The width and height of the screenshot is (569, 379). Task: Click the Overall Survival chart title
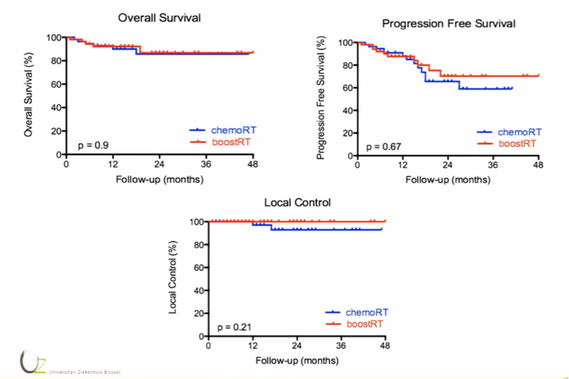click(x=160, y=18)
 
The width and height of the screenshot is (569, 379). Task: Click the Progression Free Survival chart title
click(x=448, y=24)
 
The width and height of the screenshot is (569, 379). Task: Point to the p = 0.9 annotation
click(x=94, y=145)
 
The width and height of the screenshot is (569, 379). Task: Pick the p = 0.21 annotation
click(x=234, y=326)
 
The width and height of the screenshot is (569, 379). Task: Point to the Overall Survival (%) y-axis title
click(x=28, y=96)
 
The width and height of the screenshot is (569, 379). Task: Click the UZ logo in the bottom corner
click(x=28, y=362)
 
